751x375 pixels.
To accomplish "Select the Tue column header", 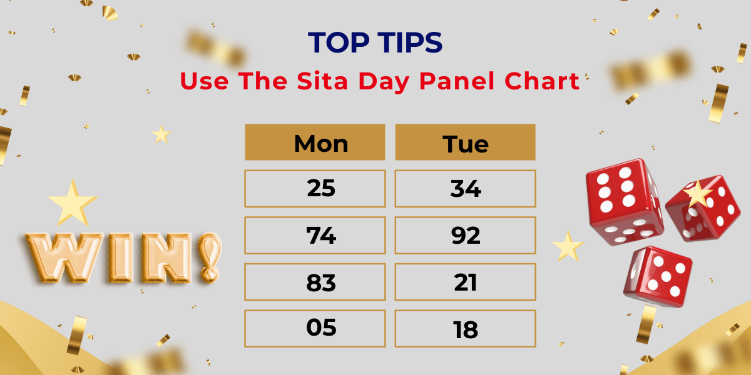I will [x=465, y=142].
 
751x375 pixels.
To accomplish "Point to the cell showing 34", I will [x=465, y=188].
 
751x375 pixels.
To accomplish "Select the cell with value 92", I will [x=465, y=235].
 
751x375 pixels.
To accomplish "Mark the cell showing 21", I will [x=465, y=282].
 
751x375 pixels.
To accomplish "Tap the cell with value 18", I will [x=465, y=328].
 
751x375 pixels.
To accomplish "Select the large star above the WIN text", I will [x=72, y=201].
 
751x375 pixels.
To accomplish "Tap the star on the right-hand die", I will [x=698, y=195].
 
